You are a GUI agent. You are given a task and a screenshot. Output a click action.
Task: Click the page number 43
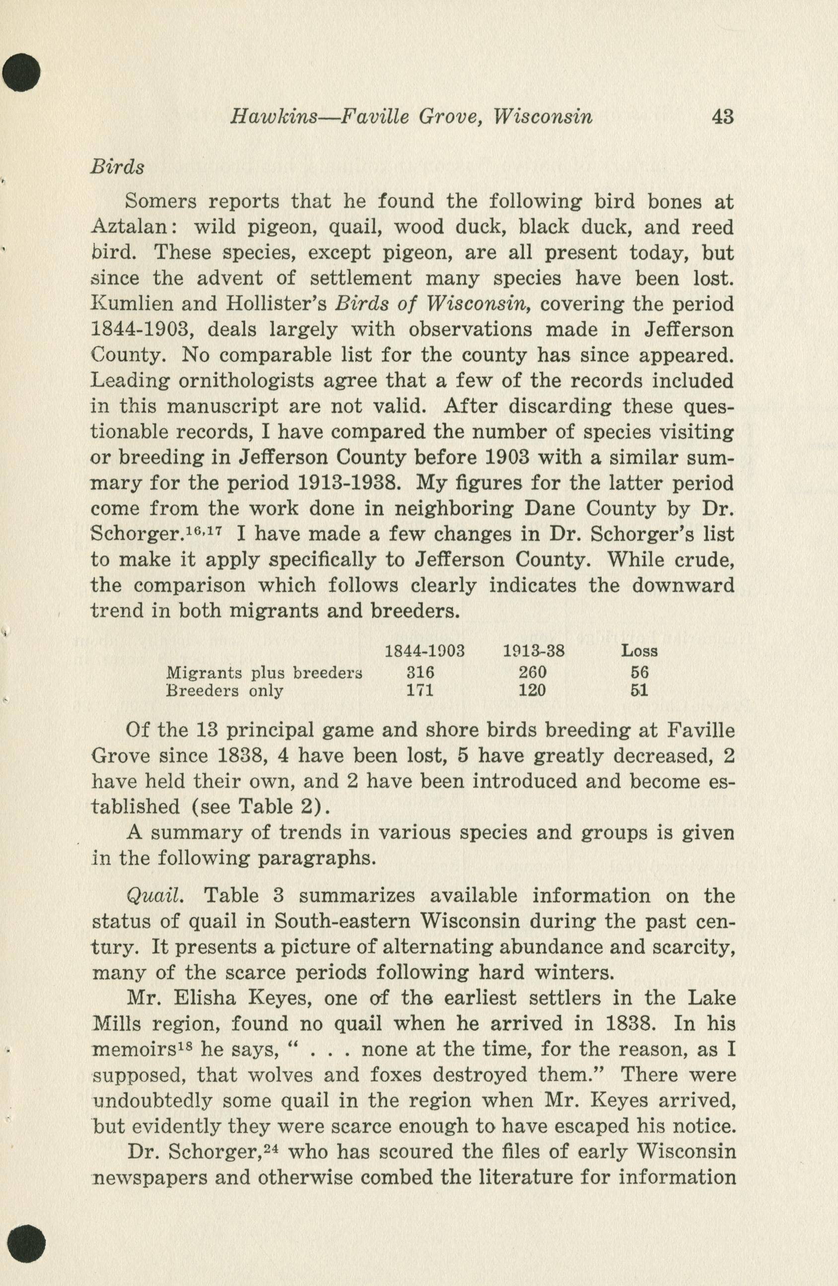[x=722, y=117]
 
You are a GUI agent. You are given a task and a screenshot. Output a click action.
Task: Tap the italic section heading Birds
[x=117, y=167]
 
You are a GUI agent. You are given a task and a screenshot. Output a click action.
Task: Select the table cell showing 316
[x=420, y=672]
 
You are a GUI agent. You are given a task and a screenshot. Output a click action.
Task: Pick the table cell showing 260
[x=532, y=672]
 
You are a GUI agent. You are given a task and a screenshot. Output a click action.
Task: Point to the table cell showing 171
[x=420, y=690]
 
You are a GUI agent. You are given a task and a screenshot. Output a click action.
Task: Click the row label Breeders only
[x=224, y=690]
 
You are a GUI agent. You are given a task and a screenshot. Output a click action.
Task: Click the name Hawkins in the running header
[x=273, y=117]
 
